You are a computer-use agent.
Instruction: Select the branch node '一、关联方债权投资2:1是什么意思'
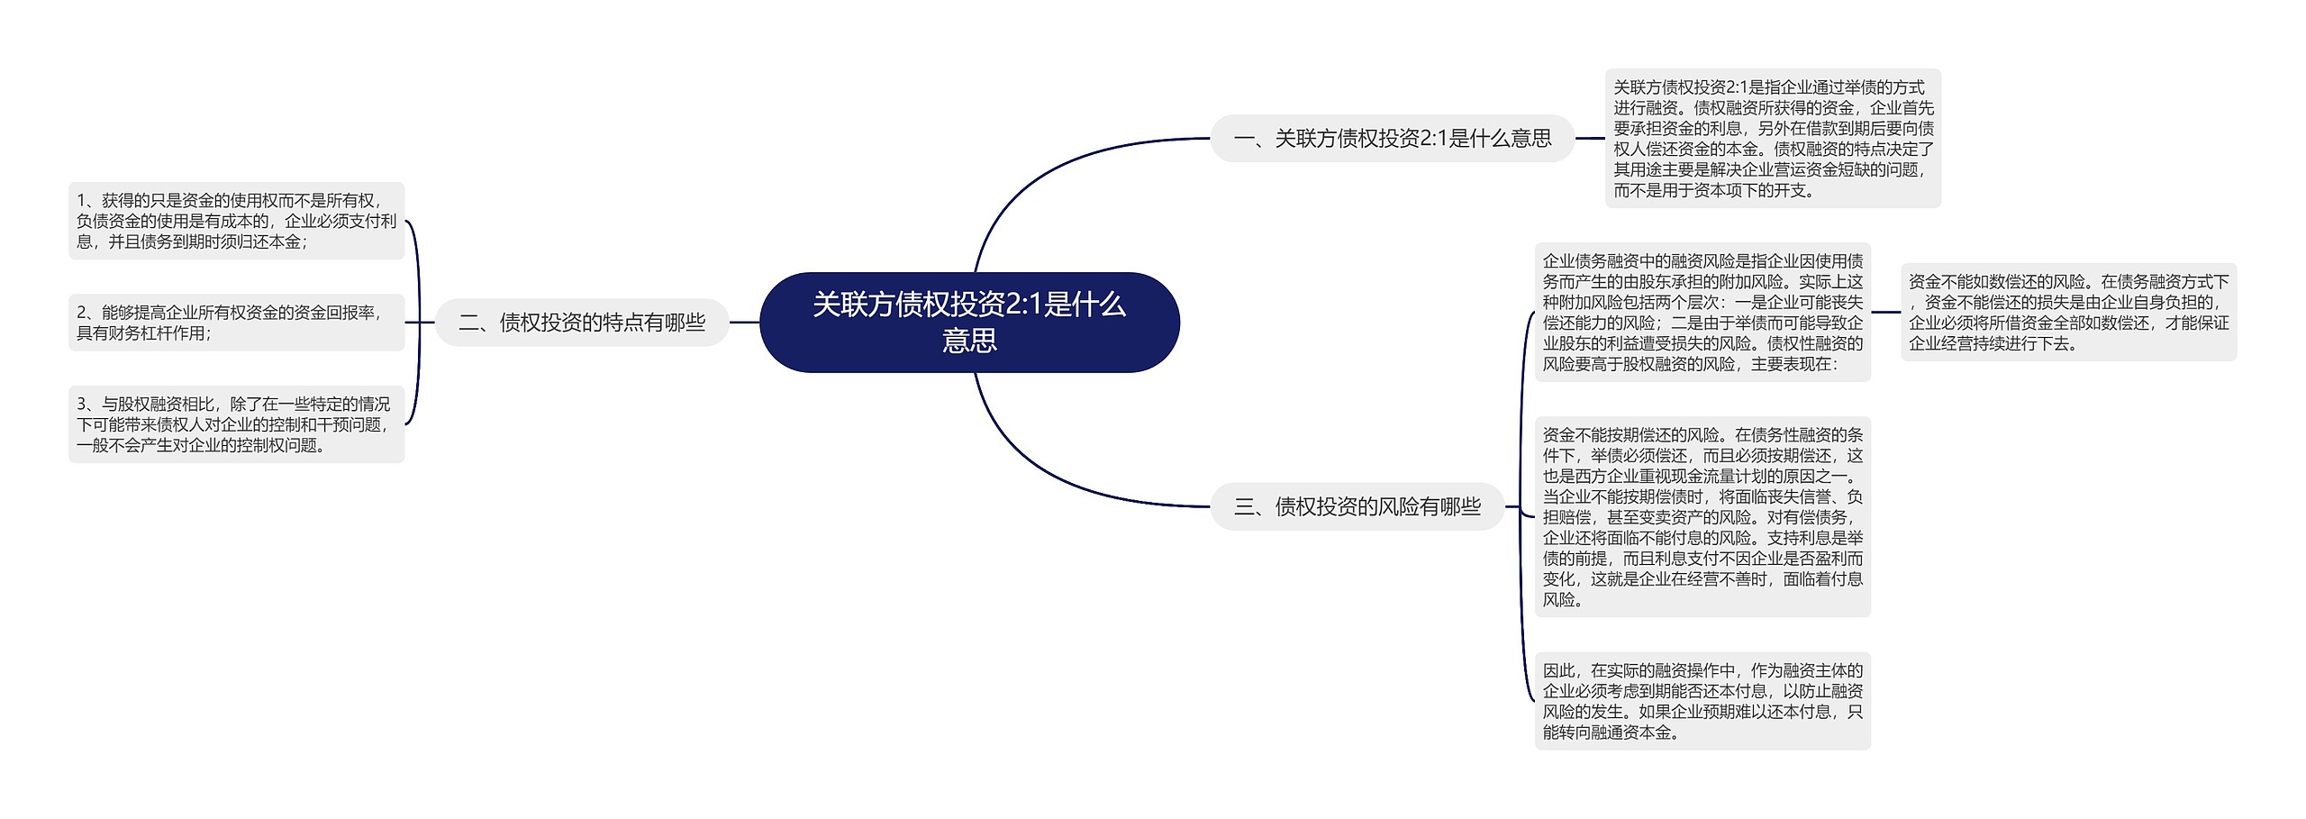[x=1392, y=139]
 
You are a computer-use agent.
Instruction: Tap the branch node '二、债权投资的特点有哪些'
[x=582, y=323]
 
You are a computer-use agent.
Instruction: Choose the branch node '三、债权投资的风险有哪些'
[x=1357, y=507]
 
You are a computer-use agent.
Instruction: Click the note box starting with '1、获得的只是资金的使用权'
[x=236, y=221]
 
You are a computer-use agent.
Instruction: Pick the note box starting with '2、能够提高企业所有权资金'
[x=236, y=323]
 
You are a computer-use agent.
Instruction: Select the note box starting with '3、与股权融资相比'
[x=236, y=424]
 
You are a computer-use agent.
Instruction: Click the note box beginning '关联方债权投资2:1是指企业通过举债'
[x=1773, y=139]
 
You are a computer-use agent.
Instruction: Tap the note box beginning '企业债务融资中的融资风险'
[x=1702, y=313]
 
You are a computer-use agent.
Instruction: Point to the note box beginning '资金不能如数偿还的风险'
[x=2068, y=313]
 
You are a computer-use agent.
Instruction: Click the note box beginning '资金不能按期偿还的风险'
[x=1702, y=517]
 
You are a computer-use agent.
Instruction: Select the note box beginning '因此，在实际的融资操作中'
[x=1702, y=701]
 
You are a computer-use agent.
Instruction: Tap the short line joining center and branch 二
[x=744, y=323]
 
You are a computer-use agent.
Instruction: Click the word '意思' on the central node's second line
[x=969, y=341]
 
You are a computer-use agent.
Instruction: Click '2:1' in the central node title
[x=1023, y=305]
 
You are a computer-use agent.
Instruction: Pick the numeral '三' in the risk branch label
[x=1245, y=507]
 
